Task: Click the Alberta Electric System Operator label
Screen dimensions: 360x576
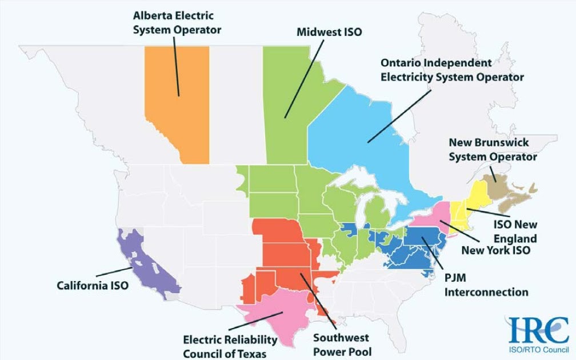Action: (x=177, y=22)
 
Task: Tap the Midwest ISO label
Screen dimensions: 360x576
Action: (x=329, y=32)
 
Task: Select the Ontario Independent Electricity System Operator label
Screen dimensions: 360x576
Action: (x=451, y=69)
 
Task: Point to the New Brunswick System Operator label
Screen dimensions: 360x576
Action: (x=492, y=149)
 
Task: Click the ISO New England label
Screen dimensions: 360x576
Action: (x=515, y=231)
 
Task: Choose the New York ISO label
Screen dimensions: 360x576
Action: (x=495, y=250)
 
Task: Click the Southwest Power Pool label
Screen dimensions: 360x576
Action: (x=342, y=345)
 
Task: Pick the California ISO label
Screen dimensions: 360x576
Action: (x=93, y=285)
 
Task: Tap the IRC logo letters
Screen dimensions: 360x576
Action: (x=538, y=330)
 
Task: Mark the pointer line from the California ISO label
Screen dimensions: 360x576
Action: (x=114, y=272)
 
